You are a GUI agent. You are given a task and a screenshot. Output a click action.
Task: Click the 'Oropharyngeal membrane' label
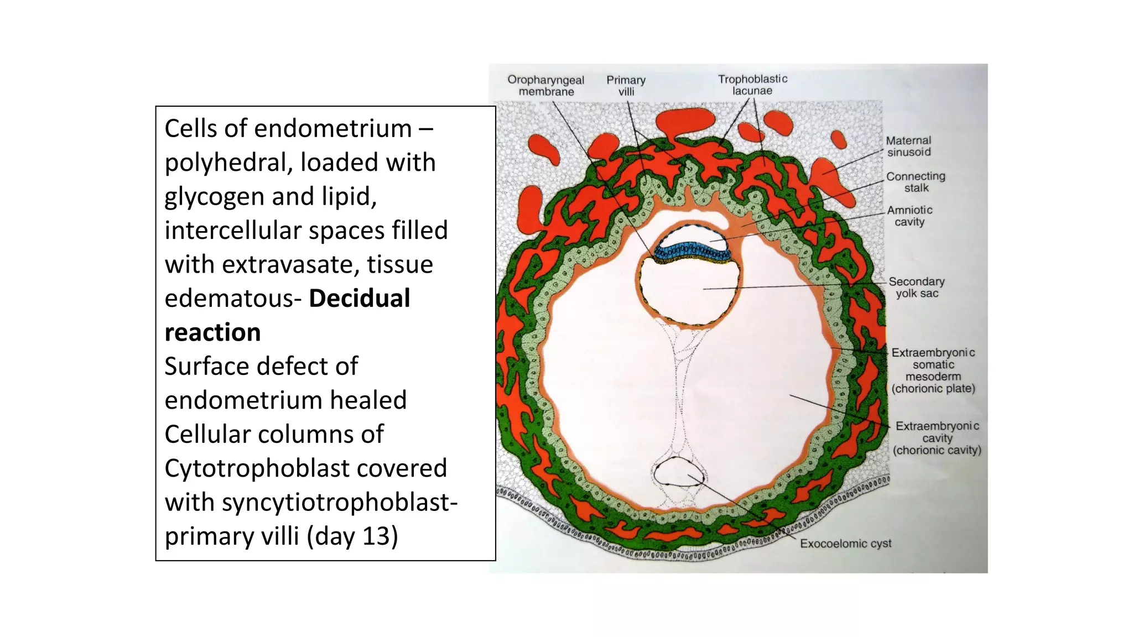click(545, 86)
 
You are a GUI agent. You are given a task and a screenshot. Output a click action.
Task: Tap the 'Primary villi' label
click(626, 86)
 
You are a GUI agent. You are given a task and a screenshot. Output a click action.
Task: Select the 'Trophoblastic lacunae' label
click(752, 85)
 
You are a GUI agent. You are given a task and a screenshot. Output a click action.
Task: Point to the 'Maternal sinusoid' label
click(908, 147)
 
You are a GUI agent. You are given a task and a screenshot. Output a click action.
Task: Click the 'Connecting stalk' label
click(916, 182)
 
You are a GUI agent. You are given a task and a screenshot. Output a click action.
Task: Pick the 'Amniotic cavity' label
click(909, 216)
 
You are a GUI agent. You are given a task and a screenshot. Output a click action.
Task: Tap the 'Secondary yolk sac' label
click(917, 287)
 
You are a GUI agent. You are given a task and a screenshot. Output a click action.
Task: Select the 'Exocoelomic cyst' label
click(845, 544)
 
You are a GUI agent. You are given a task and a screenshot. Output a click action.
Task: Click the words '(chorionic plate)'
click(933, 388)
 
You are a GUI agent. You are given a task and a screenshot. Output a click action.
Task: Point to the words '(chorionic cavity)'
click(937, 450)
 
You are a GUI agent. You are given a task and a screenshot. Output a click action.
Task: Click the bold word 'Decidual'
click(359, 299)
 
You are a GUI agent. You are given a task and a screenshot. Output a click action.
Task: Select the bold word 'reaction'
click(212, 332)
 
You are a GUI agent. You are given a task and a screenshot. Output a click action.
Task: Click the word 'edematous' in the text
click(229, 299)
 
